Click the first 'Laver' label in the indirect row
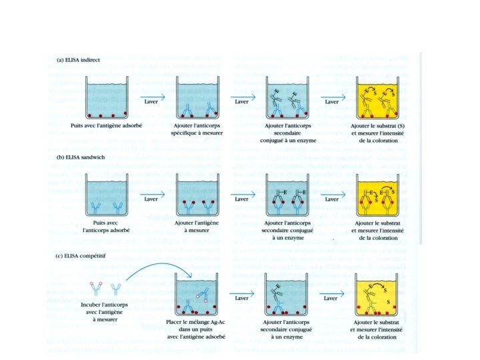[x=151, y=102]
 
